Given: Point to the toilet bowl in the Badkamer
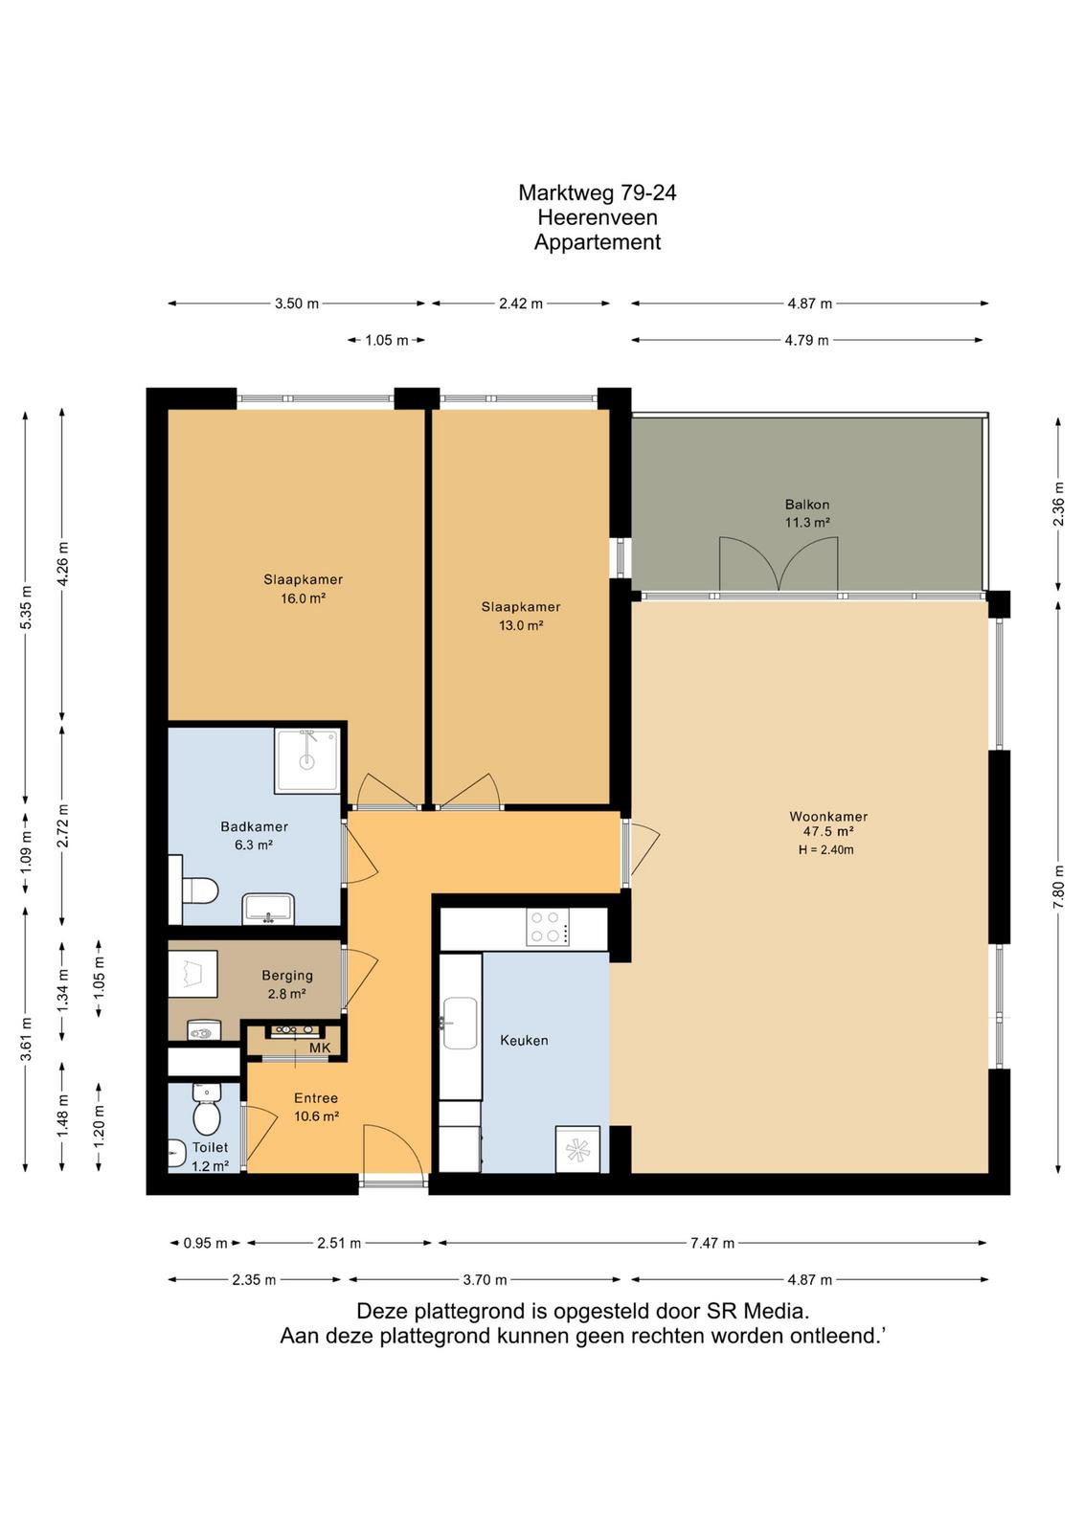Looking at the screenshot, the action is click(198, 891).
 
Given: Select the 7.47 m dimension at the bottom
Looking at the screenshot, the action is click(711, 1243).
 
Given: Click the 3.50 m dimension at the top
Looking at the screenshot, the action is click(297, 304).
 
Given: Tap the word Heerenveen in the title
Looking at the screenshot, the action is click(597, 217).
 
